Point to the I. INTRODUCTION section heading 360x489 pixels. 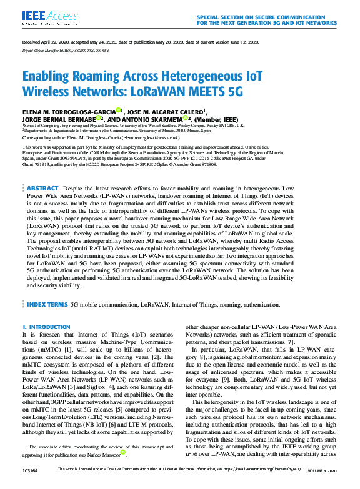[x=46, y=327]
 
